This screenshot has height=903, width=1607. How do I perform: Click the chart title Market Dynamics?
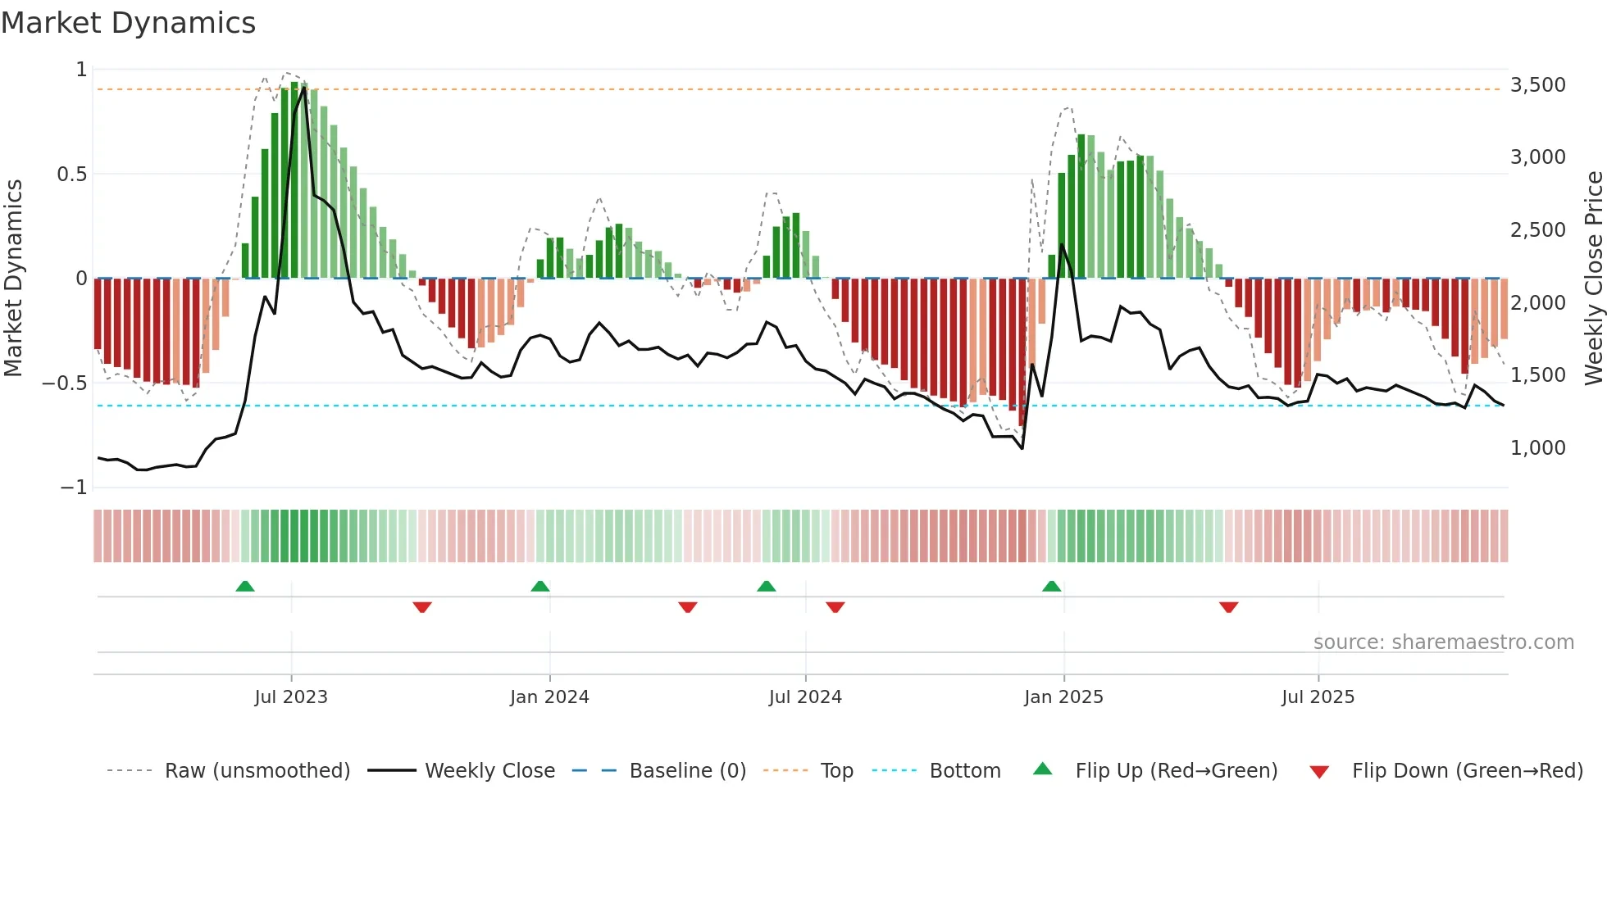(x=128, y=23)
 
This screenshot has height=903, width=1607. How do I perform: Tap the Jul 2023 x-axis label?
(x=290, y=697)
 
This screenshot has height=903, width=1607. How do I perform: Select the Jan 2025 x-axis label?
(x=1063, y=697)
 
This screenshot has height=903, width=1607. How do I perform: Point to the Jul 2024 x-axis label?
(x=805, y=697)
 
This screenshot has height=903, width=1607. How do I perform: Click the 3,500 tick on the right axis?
(x=1537, y=85)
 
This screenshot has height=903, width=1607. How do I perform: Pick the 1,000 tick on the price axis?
(x=1537, y=448)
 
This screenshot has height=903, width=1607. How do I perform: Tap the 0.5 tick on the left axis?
(x=71, y=175)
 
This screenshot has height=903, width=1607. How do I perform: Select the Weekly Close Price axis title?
(x=1593, y=279)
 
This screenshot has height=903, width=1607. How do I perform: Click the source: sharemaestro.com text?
(x=1443, y=642)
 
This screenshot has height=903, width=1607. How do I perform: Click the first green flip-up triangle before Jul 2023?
(x=244, y=586)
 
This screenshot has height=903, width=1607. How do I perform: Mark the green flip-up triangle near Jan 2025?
(x=1051, y=586)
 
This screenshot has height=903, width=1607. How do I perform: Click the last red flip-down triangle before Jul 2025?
(x=1228, y=607)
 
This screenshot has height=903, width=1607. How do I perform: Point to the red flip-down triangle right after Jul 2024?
(x=835, y=607)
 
